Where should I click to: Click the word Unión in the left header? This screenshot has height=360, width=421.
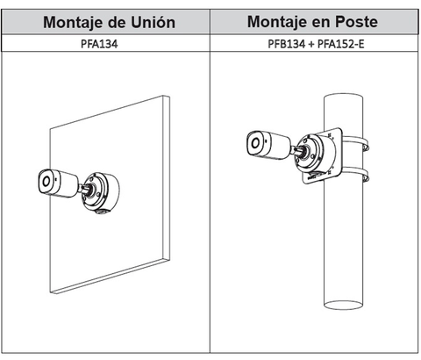(x=153, y=22)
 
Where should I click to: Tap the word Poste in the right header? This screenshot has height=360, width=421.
(x=356, y=21)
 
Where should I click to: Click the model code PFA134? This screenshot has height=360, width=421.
(x=99, y=44)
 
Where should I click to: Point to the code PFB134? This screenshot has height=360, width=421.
(x=286, y=44)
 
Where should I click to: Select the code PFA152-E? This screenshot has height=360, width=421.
(x=340, y=44)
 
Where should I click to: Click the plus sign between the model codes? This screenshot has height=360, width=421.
(x=311, y=44)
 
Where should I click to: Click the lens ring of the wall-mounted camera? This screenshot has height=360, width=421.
(x=46, y=182)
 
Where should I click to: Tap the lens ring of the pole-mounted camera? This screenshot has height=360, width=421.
(x=255, y=143)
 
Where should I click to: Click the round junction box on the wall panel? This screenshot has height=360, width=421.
(x=101, y=191)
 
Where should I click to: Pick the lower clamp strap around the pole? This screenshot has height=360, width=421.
(x=355, y=174)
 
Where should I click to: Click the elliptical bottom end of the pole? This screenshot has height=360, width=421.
(x=344, y=305)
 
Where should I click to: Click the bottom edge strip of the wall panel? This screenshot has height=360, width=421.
(x=110, y=276)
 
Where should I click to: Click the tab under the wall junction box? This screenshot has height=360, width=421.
(x=103, y=211)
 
